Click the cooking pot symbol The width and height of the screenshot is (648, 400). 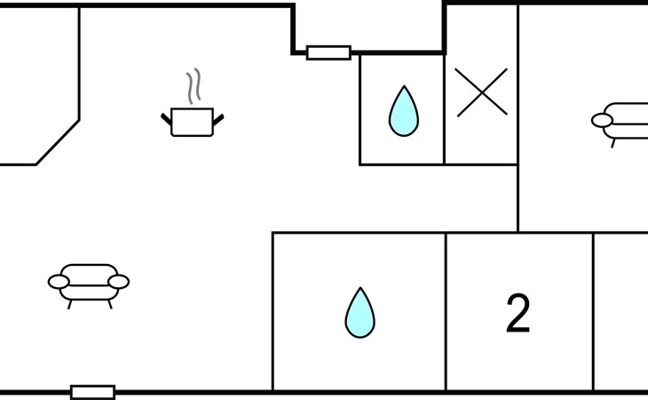[x=192, y=122]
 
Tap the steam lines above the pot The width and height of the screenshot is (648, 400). [x=194, y=86]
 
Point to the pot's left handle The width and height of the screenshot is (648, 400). [x=166, y=119]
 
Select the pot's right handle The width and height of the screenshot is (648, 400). [x=218, y=119]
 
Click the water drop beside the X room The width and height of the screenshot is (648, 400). [x=404, y=111]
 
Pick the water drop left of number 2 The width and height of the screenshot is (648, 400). [x=360, y=313]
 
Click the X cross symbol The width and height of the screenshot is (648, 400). [x=482, y=92]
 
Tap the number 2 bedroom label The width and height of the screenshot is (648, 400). [x=518, y=313]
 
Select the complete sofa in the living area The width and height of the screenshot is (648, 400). [x=89, y=286]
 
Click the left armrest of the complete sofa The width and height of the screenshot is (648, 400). [x=59, y=282]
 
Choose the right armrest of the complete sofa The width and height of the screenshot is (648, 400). [x=119, y=282]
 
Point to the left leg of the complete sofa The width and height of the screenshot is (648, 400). [x=70, y=305]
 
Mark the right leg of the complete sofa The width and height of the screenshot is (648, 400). [x=110, y=305]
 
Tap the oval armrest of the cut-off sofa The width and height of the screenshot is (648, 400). [x=602, y=120]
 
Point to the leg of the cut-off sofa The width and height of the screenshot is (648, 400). [x=613, y=143]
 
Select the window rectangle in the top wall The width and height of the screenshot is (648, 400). [x=328, y=53]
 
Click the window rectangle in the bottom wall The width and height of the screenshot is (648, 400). [x=93, y=392]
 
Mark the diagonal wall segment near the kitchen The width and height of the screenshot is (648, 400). [x=58, y=143]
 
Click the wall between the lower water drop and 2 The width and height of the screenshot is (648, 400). [x=446, y=311]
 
